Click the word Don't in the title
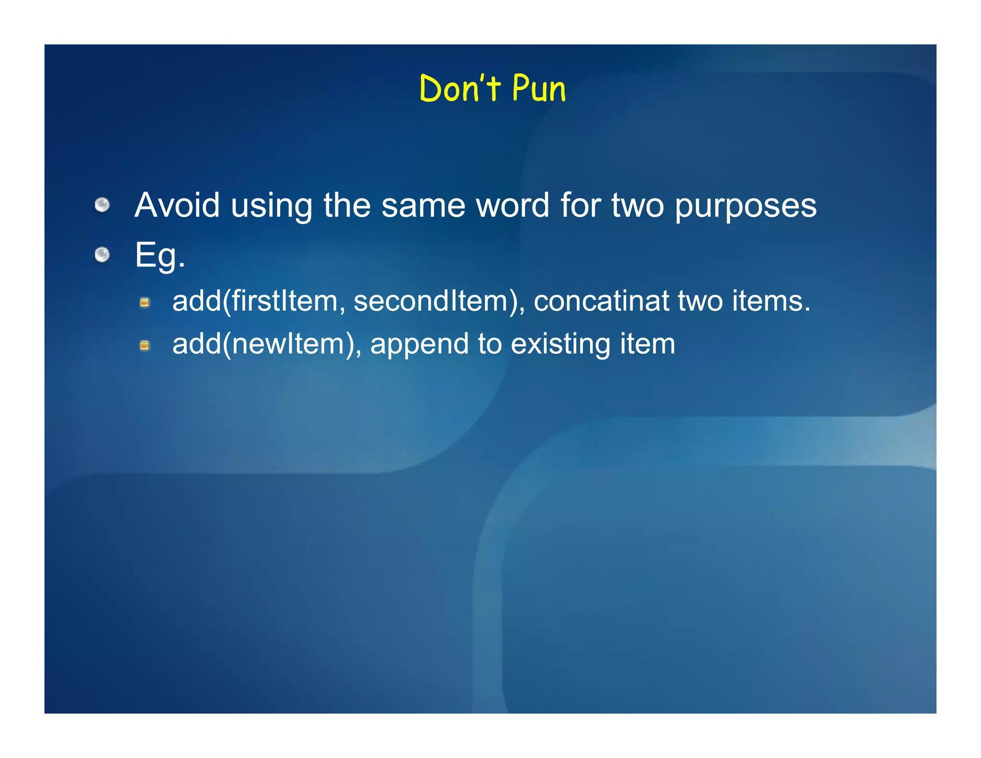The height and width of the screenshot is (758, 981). [x=459, y=89]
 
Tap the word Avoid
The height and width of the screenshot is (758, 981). [x=177, y=206]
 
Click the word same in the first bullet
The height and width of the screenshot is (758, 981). [x=423, y=206]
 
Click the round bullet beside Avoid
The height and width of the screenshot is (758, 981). [x=102, y=205]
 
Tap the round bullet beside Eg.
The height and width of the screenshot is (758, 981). [x=102, y=254]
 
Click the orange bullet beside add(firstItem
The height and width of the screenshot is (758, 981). [x=145, y=302]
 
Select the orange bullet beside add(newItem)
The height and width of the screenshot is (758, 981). [x=145, y=345]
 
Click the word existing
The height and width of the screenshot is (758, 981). [x=560, y=345]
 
